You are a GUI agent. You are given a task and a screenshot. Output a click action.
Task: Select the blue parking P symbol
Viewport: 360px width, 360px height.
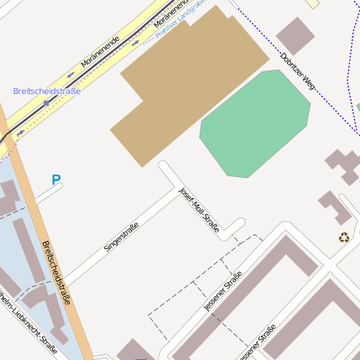56,180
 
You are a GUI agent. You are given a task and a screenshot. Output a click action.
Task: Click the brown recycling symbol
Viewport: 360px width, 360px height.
344,237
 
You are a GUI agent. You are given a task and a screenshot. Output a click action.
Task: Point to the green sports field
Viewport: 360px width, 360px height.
254,123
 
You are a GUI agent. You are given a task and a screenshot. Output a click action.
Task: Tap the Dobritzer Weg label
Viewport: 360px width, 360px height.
298,71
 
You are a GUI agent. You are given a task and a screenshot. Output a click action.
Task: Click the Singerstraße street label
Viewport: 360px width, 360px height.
121,237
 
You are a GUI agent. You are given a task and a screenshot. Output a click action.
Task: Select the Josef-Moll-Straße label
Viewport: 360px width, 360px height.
199,209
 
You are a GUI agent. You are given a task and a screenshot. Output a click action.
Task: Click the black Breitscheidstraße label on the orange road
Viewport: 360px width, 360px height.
56,273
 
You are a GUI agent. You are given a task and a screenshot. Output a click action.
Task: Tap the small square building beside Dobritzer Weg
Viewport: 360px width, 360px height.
295,35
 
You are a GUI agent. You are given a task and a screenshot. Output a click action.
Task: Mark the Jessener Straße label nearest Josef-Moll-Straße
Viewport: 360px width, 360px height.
222,291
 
